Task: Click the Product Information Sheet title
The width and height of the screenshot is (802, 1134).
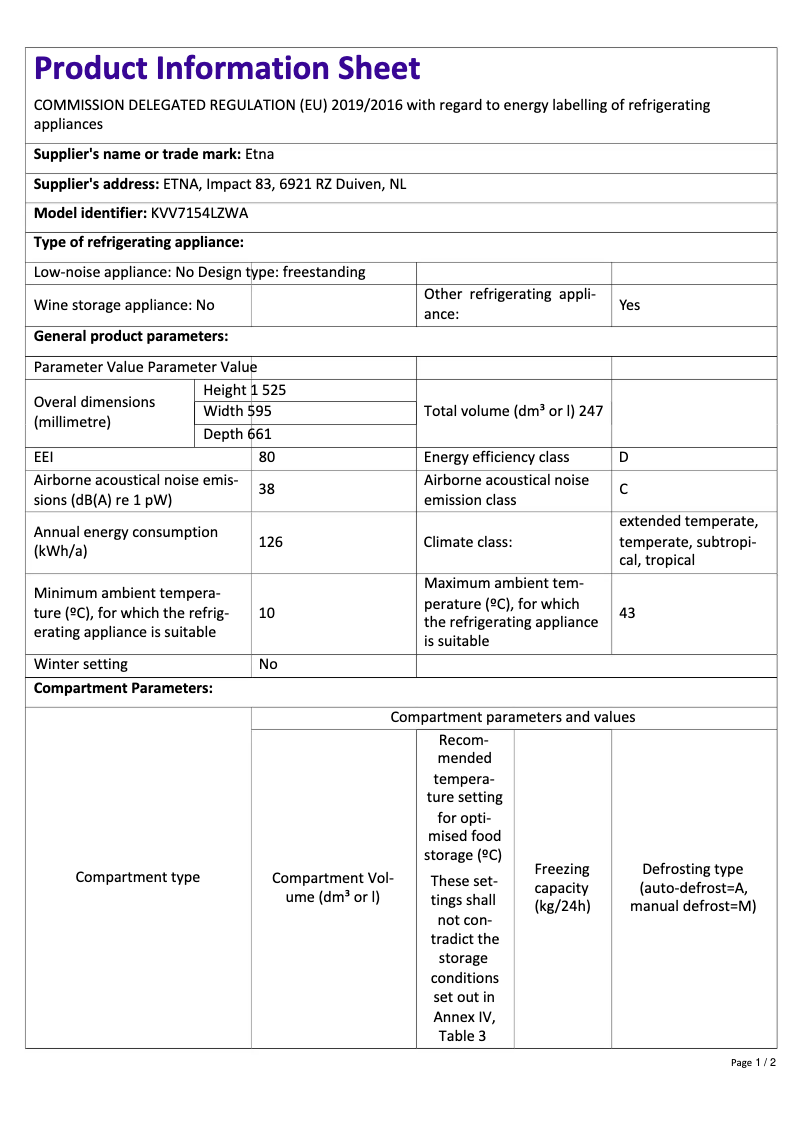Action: coord(227,68)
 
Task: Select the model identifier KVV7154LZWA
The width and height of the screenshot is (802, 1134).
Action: coord(200,213)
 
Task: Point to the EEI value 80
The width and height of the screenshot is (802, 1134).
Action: coord(267,457)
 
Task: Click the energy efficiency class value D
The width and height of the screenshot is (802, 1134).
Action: coord(624,457)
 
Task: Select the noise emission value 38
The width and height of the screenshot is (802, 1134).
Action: coord(267,490)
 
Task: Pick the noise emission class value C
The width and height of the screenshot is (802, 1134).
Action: coord(624,490)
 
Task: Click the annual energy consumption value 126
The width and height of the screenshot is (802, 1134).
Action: coord(270,542)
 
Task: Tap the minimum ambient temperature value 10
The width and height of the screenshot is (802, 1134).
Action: coord(267,612)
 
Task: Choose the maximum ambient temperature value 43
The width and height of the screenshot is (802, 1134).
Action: coord(628,612)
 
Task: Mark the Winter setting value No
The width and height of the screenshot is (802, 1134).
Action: coord(268,664)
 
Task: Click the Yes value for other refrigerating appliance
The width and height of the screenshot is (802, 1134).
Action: coord(629,305)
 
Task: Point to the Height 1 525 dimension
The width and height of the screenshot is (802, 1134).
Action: coord(244,390)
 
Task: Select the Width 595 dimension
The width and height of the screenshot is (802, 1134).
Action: coord(237,412)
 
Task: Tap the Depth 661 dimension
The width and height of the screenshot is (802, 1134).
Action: coord(237,434)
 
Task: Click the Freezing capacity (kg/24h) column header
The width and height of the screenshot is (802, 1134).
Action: coord(562,888)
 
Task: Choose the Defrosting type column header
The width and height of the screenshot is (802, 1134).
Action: coord(693,888)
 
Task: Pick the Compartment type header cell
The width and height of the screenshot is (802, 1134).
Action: coord(138,877)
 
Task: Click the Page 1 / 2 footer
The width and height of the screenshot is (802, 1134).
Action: coord(753,1062)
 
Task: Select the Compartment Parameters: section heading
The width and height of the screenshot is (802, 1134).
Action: coord(123,688)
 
